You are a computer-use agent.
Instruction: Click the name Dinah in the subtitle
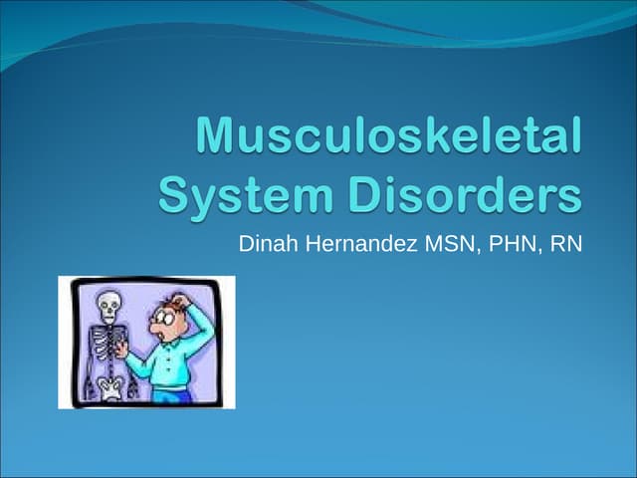tap(264, 242)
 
